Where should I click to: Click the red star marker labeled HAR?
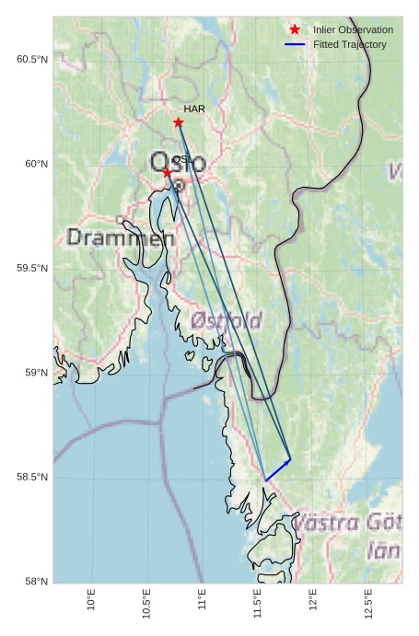point(178,122)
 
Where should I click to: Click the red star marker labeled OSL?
point(167,172)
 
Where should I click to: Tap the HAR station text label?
point(193,110)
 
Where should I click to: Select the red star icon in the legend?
point(295,29)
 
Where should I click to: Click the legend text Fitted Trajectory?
point(350,44)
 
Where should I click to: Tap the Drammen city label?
point(120,237)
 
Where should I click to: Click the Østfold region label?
point(227,320)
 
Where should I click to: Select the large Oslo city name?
point(178,163)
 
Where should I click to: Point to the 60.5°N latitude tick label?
point(31,60)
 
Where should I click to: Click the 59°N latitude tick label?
point(35,373)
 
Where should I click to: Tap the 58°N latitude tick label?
point(35,582)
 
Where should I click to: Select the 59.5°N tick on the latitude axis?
point(31,269)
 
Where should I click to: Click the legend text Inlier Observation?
point(353,30)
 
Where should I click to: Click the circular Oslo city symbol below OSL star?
point(179,185)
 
